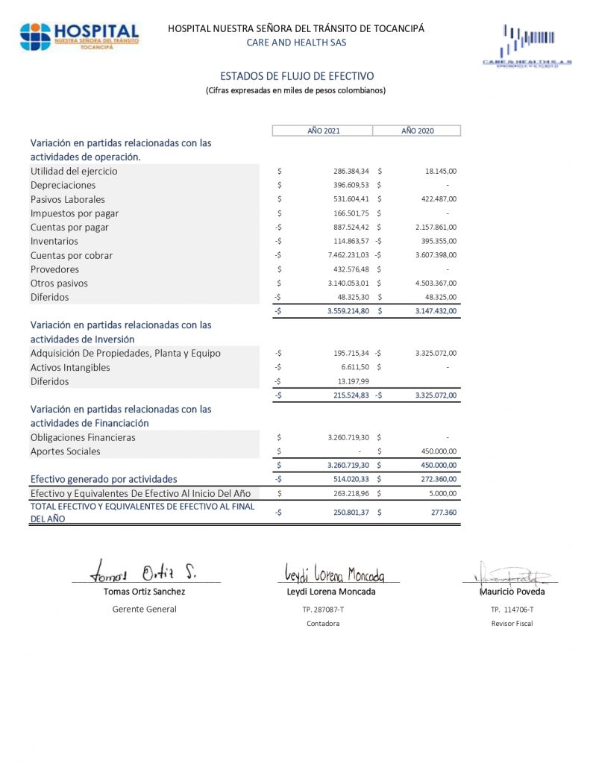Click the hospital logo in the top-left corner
[80, 36]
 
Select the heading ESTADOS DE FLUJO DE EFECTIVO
[297, 76]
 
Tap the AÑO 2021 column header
[324, 131]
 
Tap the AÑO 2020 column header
[417, 131]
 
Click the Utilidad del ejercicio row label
[74, 171]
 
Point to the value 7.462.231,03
[348, 255]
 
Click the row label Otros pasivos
[59, 284]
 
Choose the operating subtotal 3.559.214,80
[348, 311]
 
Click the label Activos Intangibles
[70, 367]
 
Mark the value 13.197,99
[352, 381]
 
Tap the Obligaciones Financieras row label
[83, 437]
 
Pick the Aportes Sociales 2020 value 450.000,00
[437, 451]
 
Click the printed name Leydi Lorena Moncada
[331, 592]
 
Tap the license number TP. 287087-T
[323, 610]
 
